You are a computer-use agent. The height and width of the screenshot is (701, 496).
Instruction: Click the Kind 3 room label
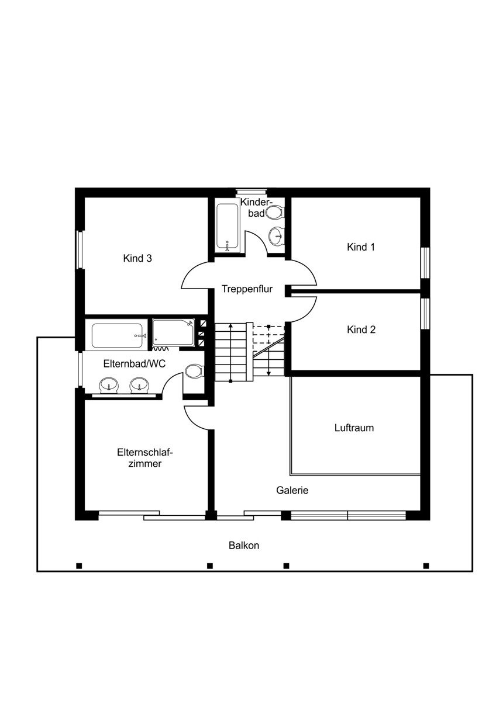coord(137,258)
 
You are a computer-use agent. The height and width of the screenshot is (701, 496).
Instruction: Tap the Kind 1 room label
coord(361,247)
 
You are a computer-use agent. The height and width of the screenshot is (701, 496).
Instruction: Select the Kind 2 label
coord(361,329)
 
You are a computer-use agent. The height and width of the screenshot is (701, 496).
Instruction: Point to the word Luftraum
coord(354,428)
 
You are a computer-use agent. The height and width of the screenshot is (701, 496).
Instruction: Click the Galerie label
coord(292,490)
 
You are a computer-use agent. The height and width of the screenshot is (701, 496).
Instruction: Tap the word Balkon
coord(244,546)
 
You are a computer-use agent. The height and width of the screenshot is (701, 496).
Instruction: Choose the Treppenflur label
coord(247,289)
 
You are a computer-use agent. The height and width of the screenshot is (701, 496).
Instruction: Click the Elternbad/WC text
coord(135,363)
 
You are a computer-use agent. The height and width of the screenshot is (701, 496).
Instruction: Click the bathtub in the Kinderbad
coord(228,228)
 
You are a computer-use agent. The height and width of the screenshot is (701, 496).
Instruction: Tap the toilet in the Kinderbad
coord(274,213)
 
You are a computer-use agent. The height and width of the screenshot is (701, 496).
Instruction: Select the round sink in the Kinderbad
coord(276,236)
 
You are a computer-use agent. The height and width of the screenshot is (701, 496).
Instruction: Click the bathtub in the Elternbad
coord(118,336)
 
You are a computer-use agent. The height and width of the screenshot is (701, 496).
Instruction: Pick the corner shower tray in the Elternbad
coord(173,332)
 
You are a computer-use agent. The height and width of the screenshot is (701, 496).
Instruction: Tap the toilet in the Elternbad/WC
coord(194,372)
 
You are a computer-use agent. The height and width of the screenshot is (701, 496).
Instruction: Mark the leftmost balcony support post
coord(79,566)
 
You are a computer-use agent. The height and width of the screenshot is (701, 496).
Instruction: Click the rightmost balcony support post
coord(426,566)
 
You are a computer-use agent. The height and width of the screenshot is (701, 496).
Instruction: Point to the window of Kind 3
coord(80,250)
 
